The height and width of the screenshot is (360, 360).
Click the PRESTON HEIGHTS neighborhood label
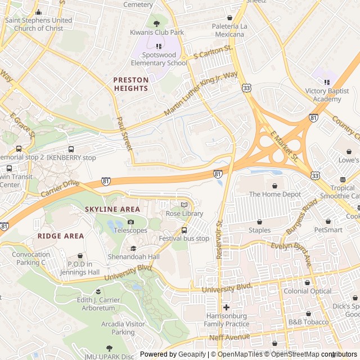[131, 84]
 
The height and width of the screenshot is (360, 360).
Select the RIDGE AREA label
[61, 236]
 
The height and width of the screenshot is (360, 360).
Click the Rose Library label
[184, 214]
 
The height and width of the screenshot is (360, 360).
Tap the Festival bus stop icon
[184, 230]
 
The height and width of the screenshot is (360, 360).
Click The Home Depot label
[274, 194]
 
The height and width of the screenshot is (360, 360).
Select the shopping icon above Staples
[259, 222]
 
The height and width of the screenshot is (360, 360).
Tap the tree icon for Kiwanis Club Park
[157, 24]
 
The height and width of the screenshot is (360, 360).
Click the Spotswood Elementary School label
[159, 59]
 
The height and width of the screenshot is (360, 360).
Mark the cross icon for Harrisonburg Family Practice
[226, 307]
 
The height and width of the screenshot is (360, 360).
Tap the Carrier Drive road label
[60, 188]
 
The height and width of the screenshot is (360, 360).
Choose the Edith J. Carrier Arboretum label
[98, 304]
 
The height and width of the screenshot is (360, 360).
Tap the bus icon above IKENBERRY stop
[71, 149]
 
